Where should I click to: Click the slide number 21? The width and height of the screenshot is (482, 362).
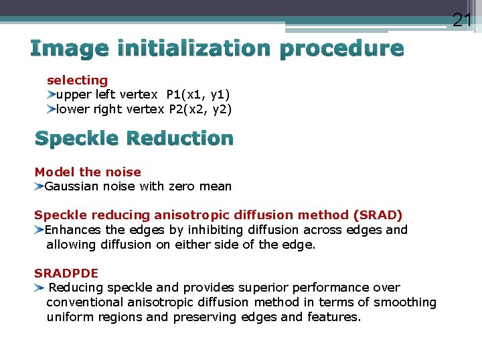tap(462, 19)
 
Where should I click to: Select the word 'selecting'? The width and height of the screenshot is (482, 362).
tap(77, 80)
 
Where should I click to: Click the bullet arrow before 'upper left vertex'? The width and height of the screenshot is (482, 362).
tap(52, 95)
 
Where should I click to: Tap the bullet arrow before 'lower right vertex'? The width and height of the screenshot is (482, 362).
tap(52, 109)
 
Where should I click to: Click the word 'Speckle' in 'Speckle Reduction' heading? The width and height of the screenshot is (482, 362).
tap(76, 139)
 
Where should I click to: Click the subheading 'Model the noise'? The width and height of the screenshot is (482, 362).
tap(88, 172)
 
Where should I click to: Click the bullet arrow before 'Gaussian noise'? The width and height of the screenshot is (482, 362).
tap(39, 186)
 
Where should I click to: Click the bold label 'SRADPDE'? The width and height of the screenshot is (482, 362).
tap(66, 273)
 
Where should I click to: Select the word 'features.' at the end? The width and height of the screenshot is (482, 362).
tap(334, 317)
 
